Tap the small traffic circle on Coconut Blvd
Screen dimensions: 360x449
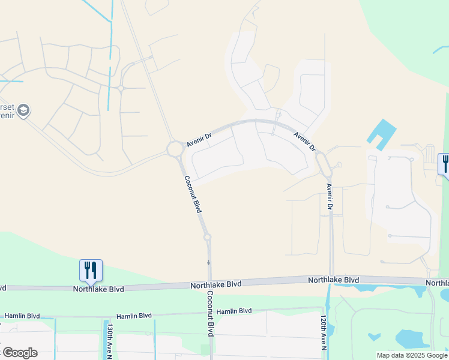click(x=208, y=238)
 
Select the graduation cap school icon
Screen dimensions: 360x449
click(x=23, y=110)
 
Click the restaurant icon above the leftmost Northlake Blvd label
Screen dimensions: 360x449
click(x=91, y=271)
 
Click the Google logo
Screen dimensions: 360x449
click(x=20, y=353)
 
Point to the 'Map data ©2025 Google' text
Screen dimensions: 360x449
click(x=412, y=355)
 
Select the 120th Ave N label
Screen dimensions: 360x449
click(x=323, y=335)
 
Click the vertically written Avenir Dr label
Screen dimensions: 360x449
click(x=329, y=196)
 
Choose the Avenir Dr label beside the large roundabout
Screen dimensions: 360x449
click(x=199, y=140)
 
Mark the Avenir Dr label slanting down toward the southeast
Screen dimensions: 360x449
click(x=305, y=141)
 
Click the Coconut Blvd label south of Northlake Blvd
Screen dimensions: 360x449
click(x=210, y=313)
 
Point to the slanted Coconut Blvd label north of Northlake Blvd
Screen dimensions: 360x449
click(x=192, y=194)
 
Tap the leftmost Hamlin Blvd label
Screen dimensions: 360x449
click(x=22, y=316)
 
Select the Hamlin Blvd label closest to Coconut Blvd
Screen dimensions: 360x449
click(x=234, y=311)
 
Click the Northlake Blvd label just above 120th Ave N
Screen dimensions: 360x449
click(x=333, y=280)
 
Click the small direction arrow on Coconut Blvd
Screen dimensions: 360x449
click(x=208, y=263)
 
